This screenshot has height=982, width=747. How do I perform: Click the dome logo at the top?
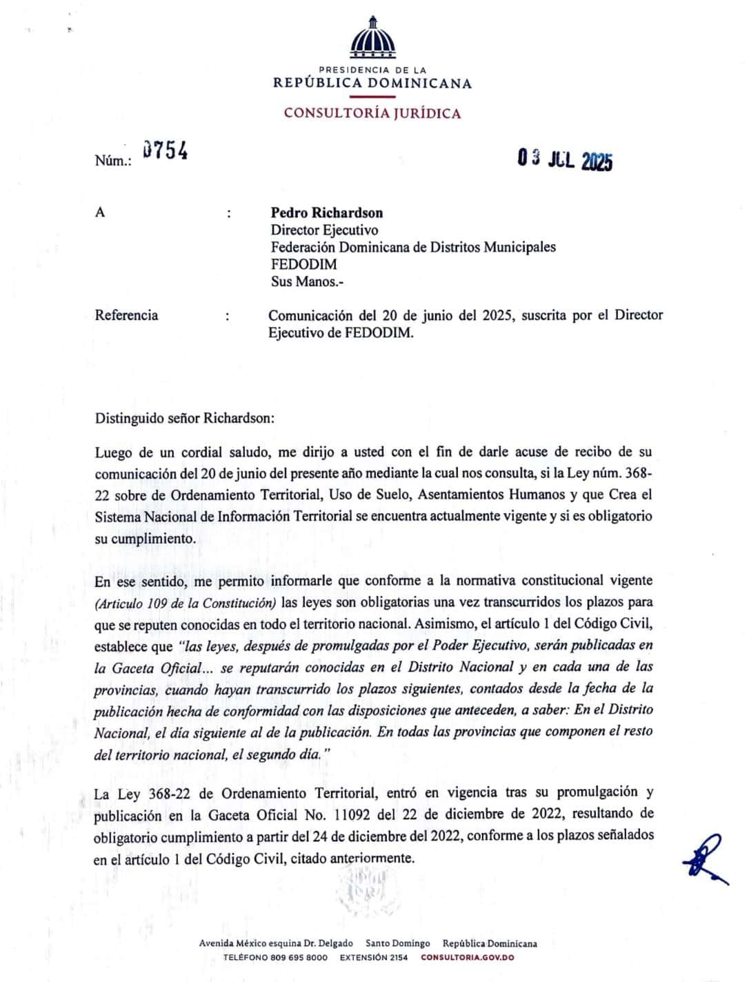pos(373,37)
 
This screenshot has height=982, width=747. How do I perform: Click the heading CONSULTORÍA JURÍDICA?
pos(372,114)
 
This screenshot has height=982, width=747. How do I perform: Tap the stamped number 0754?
pos(166,151)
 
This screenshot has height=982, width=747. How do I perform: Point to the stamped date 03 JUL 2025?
pos(565,160)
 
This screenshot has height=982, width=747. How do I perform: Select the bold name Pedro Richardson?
pos(326,212)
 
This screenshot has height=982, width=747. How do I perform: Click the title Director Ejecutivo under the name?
pos(324,230)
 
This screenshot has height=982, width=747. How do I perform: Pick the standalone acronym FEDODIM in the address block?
pos(303,264)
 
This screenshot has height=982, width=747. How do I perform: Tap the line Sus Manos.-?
pos(307,281)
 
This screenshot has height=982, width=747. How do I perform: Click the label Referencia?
pos(126,315)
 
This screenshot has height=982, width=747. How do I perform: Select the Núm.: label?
pos(112,161)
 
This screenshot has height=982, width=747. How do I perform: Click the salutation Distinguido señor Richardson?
pos(185,418)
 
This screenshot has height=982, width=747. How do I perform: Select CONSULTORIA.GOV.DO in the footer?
pos(468,957)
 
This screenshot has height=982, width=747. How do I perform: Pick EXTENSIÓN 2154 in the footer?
pos(374,957)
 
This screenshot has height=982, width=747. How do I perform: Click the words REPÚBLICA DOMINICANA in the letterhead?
pos(372,83)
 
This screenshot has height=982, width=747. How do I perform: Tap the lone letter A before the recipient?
pos(100,212)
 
